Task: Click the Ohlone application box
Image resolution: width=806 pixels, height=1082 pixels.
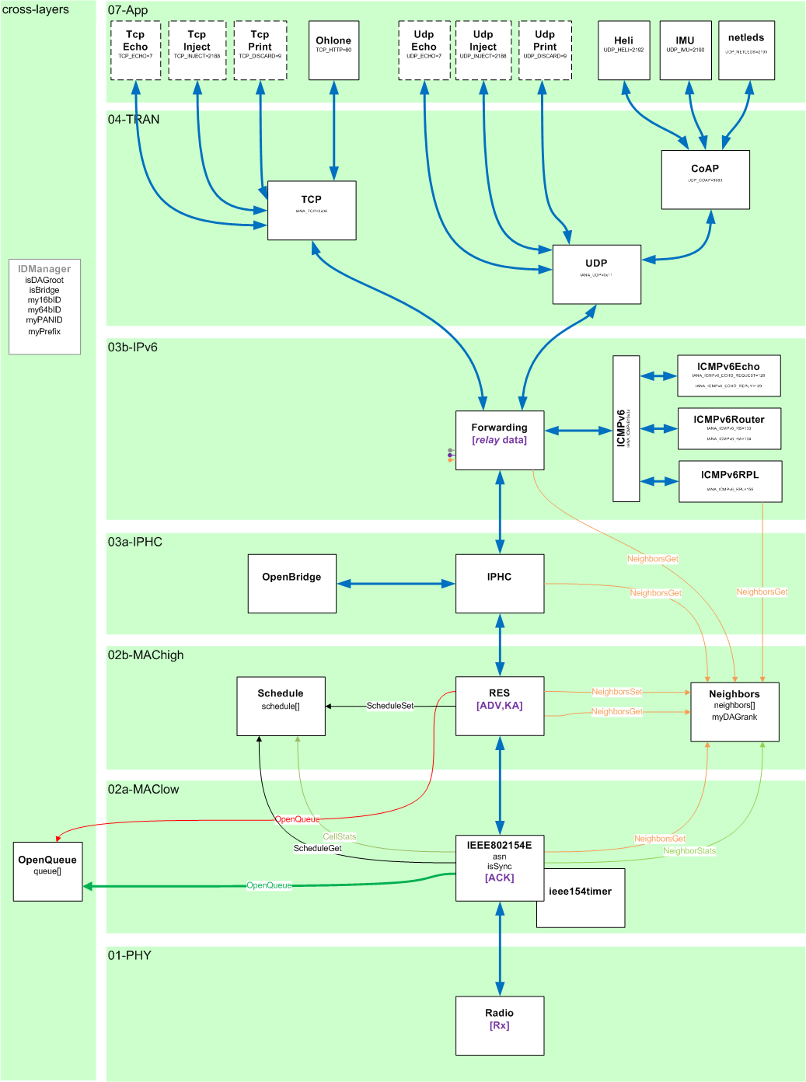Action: pos(333,51)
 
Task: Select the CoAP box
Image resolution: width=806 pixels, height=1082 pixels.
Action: pos(705,180)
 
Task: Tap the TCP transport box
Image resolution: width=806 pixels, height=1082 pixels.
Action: pos(312,211)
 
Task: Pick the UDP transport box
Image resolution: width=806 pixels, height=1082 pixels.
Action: pos(596,274)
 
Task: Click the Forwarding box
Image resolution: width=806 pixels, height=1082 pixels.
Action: pos(499,440)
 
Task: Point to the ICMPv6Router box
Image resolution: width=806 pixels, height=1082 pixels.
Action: pos(729,428)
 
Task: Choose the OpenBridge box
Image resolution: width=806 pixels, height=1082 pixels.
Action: pos(291,584)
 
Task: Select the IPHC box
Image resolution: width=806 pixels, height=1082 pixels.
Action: pos(499,584)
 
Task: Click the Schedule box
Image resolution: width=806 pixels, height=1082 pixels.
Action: pos(281,706)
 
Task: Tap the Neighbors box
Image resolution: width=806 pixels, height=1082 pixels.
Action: pos(734,711)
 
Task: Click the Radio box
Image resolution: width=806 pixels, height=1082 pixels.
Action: pos(499,1025)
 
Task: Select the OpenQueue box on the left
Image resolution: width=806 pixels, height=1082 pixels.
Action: pos(47,871)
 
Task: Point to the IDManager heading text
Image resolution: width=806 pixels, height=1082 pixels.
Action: pos(44,269)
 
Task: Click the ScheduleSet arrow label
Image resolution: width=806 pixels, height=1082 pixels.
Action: pos(389,706)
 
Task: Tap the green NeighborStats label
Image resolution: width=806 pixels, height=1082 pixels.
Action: pos(689,851)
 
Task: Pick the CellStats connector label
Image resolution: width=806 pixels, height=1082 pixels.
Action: pos(340,837)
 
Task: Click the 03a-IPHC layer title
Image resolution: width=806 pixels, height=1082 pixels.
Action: pos(135,542)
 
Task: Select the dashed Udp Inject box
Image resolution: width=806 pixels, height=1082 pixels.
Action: pos(483,51)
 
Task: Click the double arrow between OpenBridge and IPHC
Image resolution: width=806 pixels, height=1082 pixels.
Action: pos(396,584)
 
